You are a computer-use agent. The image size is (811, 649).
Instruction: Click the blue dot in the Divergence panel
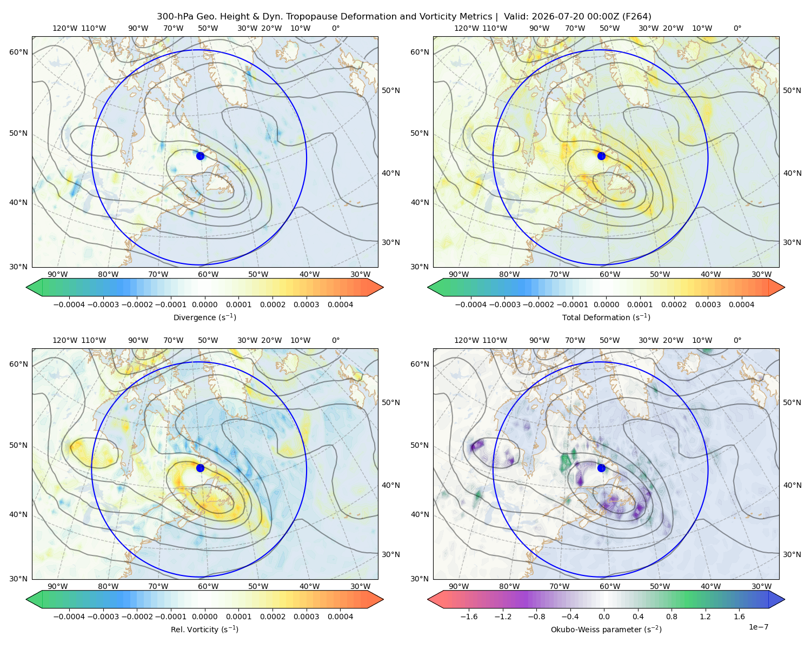200,156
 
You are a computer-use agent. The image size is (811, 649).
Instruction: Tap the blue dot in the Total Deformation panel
601,156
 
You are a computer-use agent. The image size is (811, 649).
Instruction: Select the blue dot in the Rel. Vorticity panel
200,468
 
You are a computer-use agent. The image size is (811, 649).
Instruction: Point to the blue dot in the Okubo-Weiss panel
601,468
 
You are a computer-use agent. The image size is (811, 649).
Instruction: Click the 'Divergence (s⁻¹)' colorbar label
204,317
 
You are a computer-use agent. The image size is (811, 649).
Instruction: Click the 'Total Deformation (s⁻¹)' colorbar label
606,317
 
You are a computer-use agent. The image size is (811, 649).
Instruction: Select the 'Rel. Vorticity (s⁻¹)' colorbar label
204,629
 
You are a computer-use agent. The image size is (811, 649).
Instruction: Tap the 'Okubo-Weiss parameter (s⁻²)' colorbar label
606,629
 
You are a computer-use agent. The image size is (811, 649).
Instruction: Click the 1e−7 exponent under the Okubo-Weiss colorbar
758,627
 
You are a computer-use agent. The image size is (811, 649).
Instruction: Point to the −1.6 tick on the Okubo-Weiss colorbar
469,617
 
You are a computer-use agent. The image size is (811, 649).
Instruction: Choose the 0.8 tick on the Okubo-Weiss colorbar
672,617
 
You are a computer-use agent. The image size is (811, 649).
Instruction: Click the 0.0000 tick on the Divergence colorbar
204,304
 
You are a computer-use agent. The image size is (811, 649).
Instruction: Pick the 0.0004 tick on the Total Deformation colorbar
741,304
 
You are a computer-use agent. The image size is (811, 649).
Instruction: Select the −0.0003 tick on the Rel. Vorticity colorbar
103,617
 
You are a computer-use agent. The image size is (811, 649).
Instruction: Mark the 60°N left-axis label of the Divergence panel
18,52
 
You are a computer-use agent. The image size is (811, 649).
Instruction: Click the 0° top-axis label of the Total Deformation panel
737,28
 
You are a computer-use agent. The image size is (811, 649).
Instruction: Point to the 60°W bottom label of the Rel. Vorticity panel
208,586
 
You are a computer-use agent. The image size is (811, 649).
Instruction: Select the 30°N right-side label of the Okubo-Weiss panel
792,554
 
